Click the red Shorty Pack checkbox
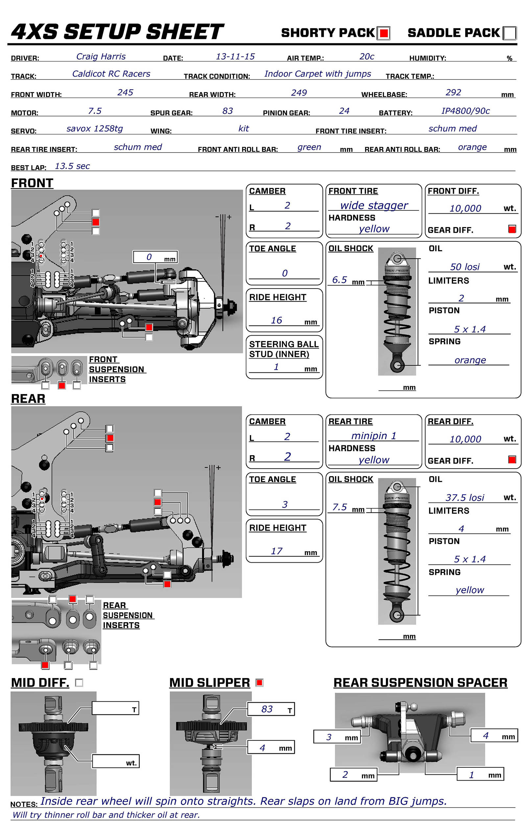(384, 33)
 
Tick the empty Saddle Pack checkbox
(510, 33)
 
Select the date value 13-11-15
(235, 56)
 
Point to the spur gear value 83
(227, 111)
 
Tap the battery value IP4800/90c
(465, 111)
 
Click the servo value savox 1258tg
(95, 129)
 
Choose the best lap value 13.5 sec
(72, 166)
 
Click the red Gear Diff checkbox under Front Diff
(512, 229)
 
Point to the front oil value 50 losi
(465, 267)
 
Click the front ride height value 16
(276, 320)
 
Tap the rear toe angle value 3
(285, 504)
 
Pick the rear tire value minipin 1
(374, 435)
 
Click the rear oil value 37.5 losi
(465, 497)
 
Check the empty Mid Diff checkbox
(79, 683)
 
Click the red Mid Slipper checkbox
(259, 682)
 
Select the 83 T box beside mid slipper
(271, 709)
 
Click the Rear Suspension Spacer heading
(420, 682)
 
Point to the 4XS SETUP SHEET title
(117, 32)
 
